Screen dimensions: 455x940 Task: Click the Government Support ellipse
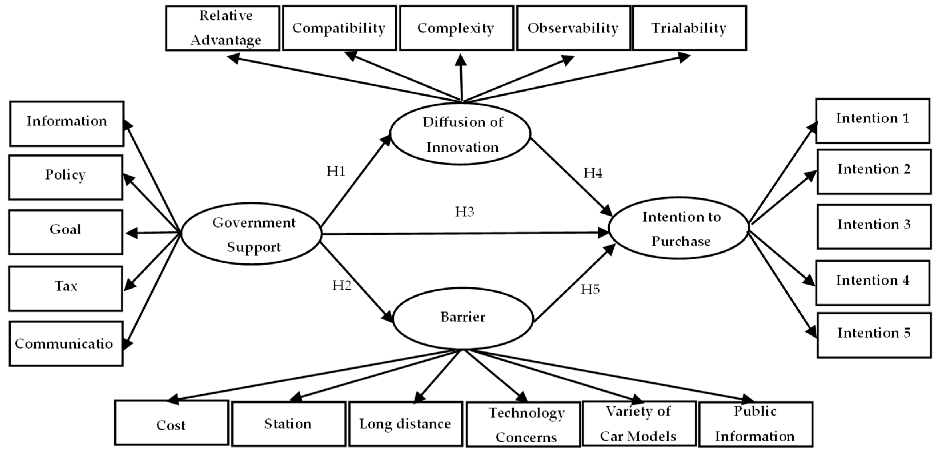point(252,234)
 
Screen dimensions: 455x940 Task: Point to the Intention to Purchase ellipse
point(679,229)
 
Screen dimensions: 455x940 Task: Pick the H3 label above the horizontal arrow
point(465,211)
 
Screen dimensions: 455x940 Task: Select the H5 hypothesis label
point(590,290)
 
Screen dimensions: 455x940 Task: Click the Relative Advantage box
point(223,28)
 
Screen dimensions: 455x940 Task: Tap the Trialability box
point(689,28)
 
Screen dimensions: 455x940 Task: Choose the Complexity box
point(456,28)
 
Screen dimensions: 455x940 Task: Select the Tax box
point(66,289)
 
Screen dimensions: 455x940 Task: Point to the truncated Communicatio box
point(66,344)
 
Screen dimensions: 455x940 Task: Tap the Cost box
point(172,423)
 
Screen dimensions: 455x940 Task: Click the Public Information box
point(755,424)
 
